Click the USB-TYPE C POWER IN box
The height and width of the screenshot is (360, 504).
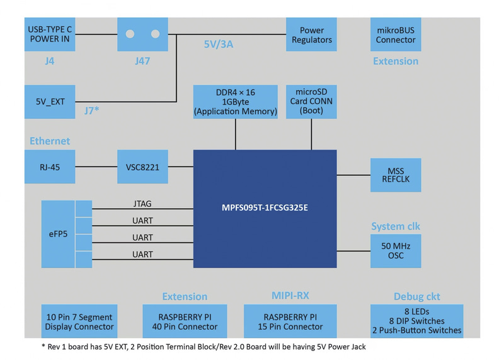pos(50,35)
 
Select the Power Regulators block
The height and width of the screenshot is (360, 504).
pos(311,35)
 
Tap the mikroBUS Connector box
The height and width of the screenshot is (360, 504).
pos(396,35)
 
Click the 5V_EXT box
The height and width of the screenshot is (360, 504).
pos(50,102)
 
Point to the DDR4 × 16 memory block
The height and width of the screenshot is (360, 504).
pos(236,102)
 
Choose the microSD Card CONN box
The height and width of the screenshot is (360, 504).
pos(311,101)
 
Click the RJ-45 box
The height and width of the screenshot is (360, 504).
pos(50,167)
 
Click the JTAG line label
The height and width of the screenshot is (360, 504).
pos(142,204)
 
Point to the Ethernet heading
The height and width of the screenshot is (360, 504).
pos(50,141)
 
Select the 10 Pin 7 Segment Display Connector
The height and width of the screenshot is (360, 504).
pos(79,322)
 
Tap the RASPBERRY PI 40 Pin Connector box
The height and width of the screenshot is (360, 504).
pos(185,322)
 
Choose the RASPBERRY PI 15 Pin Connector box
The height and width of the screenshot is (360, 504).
pos(290,322)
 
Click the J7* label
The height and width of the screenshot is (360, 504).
pos(92,111)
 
